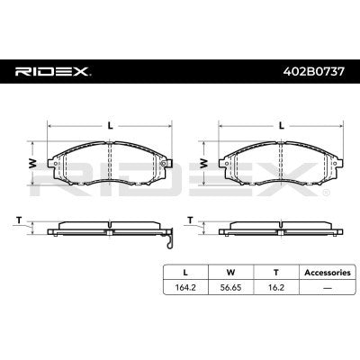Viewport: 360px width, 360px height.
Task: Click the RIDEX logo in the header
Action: tap(51, 69)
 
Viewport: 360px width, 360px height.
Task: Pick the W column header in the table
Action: tap(231, 272)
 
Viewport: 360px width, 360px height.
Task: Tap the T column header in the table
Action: tap(275, 272)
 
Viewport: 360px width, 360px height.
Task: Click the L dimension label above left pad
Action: tap(110, 125)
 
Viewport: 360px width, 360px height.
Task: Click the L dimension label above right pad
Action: tap(282, 125)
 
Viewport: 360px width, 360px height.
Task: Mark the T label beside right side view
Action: tap(191, 219)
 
